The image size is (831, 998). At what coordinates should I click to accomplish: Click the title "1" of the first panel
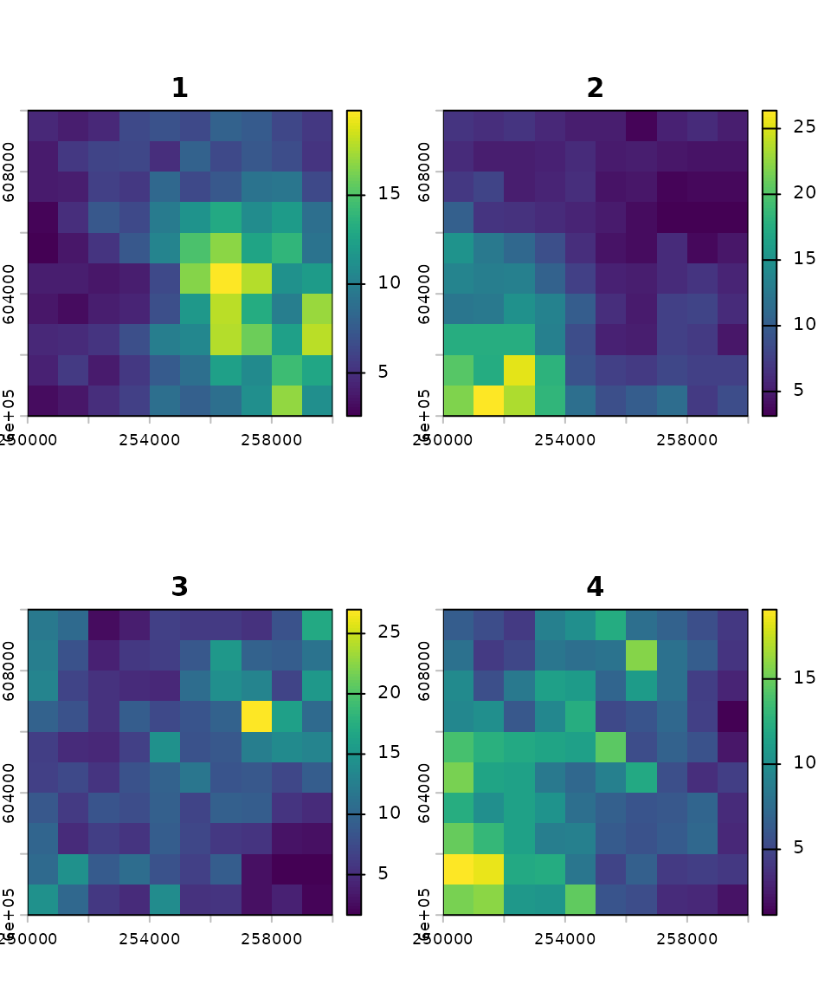pyautogui.click(x=179, y=87)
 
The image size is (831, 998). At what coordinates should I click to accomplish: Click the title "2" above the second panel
pyautogui.click(x=595, y=87)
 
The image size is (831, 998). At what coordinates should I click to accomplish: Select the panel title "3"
pyautogui.click(x=179, y=586)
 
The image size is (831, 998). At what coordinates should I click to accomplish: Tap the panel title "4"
pyautogui.click(x=595, y=586)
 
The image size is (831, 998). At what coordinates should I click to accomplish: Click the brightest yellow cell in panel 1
pyautogui.click(x=226, y=279)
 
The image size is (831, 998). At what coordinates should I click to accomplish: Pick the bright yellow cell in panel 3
pyautogui.click(x=256, y=716)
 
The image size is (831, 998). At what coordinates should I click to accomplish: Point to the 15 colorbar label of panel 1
pyautogui.click(x=390, y=192)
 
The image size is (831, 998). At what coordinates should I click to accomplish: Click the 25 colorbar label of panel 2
pyautogui.click(x=804, y=126)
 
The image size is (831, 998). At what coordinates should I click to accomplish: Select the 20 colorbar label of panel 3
pyautogui.click(x=390, y=691)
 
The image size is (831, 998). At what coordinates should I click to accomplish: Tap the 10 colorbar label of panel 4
pyautogui.click(x=804, y=762)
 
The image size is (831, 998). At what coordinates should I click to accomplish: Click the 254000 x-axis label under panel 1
pyautogui.click(x=150, y=440)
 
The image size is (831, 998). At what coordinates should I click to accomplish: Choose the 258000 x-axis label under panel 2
pyautogui.click(x=687, y=440)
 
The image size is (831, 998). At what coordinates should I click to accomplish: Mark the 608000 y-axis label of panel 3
pyautogui.click(x=10, y=671)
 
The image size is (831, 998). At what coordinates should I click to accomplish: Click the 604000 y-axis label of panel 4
pyautogui.click(x=425, y=792)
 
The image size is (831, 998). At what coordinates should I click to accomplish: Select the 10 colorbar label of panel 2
pyautogui.click(x=804, y=324)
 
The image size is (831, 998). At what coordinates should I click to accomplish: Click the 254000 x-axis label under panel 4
pyautogui.click(x=565, y=939)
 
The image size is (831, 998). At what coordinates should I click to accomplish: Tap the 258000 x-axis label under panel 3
pyautogui.click(x=272, y=939)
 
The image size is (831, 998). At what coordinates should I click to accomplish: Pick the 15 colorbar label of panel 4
pyautogui.click(x=804, y=677)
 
